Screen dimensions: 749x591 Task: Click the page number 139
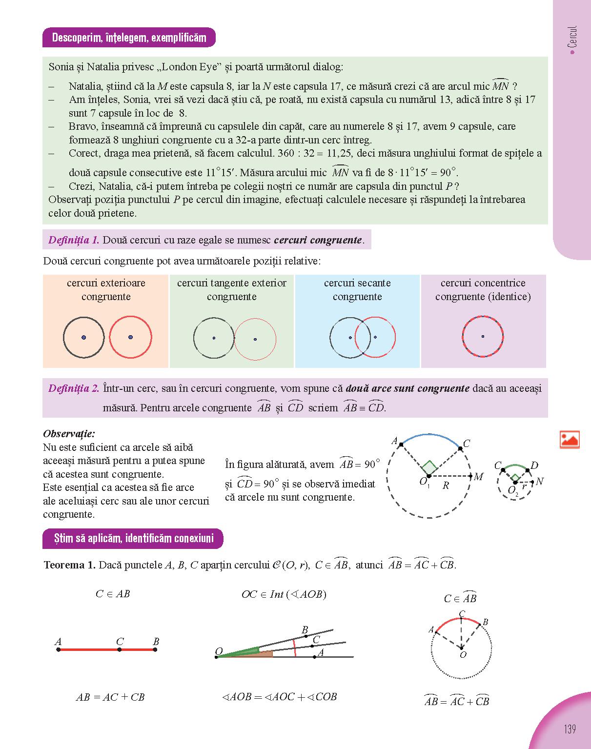pos(570,729)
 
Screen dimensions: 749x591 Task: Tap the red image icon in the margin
pos(570,439)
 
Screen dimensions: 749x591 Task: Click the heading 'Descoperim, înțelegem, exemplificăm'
pos(129,38)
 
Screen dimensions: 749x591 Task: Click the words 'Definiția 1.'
pos(74,240)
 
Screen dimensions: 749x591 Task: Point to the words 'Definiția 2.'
pos(74,389)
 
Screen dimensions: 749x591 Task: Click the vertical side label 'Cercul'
pos(572,37)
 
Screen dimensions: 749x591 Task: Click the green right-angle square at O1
pos(429,467)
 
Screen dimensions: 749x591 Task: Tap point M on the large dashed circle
pos(470,476)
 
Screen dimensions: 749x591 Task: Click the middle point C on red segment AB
pos(120,649)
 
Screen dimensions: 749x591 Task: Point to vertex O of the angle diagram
pos(216,657)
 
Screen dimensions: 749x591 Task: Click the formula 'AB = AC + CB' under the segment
pos(110,697)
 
